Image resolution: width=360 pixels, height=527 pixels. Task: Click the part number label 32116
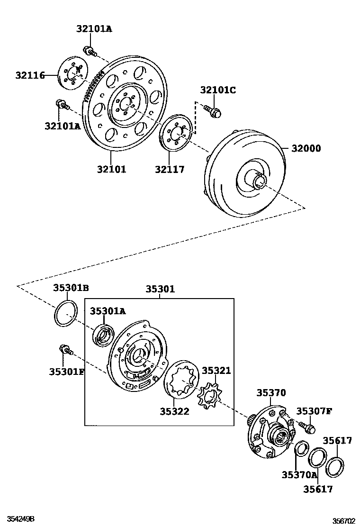(x=29, y=75)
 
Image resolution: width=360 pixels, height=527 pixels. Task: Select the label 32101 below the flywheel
(x=112, y=169)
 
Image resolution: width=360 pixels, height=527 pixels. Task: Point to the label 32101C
(x=217, y=91)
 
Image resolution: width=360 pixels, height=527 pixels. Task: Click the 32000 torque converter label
(x=306, y=148)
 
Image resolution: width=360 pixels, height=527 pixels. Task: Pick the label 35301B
(x=71, y=288)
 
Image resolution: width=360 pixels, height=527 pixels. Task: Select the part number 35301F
(x=66, y=371)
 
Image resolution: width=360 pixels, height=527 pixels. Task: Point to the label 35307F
(x=314, y=410)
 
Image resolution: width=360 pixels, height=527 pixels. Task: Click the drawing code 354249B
(x=20, y=519)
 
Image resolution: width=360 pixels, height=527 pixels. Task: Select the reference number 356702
(x=343, y=520)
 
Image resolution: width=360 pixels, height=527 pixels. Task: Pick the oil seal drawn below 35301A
(x=104, y=336)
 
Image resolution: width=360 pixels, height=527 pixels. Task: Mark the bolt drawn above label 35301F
(x=64, y=350)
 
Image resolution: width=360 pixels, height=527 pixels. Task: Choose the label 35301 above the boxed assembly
(x=160, y=289)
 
